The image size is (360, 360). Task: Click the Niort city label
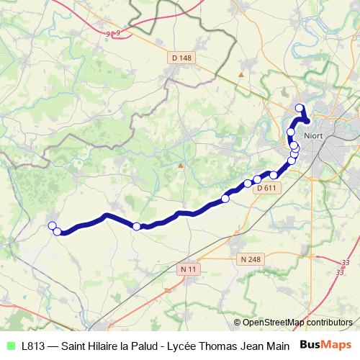coord(315,134)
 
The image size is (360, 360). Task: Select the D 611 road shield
coord(266,188)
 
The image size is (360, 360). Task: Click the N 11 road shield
coord(188,269)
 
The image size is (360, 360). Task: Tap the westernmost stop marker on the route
coord(52,226)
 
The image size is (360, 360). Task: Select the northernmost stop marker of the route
coord(300,109)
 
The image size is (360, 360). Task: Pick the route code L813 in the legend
coord(35,346)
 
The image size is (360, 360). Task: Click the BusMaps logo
coord(326,345)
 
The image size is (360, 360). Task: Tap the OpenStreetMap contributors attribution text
coord(297,323)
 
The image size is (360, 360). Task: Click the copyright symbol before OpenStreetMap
coord(237,323)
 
